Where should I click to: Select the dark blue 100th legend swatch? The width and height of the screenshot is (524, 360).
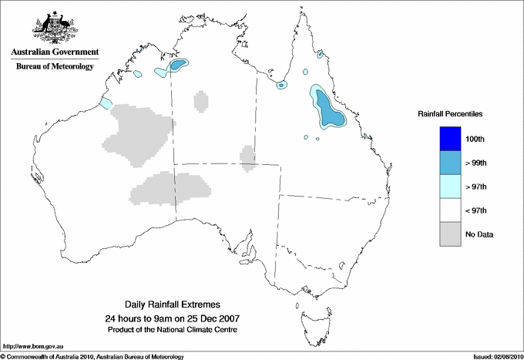(451, 139)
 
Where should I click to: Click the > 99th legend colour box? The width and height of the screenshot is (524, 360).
(451, 163)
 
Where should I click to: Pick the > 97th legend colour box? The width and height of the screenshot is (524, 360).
(451, 187)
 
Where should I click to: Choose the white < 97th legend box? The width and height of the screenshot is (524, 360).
(451, 210)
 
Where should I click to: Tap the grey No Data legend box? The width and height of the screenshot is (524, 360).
(451, 234)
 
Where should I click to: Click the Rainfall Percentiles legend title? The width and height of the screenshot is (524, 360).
(450, 114)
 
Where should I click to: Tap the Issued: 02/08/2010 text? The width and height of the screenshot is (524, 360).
(495, 356)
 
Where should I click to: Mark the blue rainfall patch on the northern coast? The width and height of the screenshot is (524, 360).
(179, 66)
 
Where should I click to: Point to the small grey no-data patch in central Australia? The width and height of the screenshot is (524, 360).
(248, 156)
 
